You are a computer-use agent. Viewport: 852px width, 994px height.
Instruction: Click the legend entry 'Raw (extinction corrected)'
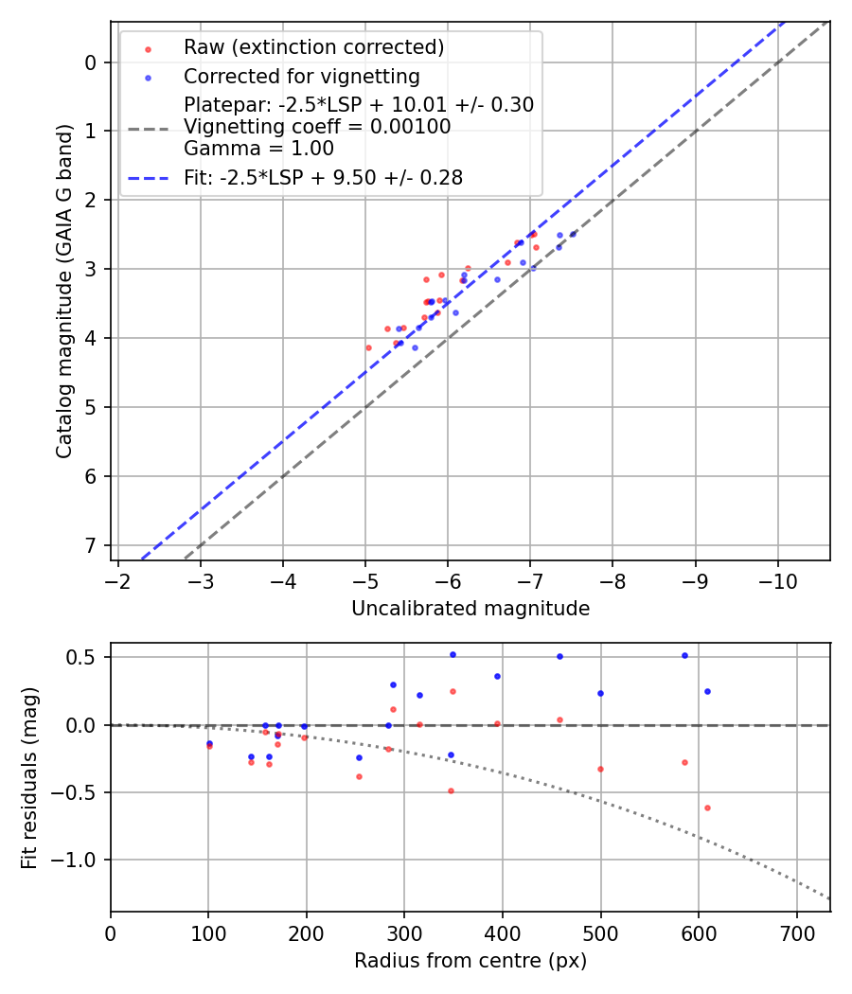click(313, 47)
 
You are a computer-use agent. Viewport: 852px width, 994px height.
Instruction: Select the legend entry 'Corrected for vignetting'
click(301, 76)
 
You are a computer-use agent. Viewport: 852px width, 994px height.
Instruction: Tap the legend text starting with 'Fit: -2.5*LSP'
click(323, 178)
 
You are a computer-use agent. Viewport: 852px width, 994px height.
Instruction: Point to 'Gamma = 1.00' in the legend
click(258, 149)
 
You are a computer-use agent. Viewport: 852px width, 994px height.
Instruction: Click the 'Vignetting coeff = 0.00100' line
click(317, 127)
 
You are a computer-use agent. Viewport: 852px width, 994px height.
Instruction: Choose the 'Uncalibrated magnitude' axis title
click(470, 609)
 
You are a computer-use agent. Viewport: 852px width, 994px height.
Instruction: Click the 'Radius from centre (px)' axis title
click(470, 961)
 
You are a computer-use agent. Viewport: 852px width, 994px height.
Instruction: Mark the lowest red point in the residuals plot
click(707, 808)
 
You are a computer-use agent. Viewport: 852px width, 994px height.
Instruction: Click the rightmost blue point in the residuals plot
click(707, 691)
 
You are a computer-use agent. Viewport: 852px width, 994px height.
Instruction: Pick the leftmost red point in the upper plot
click(369, 347)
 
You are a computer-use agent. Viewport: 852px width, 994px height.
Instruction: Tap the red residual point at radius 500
click(600, 769)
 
